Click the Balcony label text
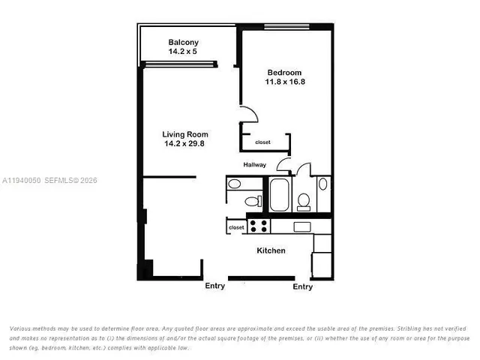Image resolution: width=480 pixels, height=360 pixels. tap(183, 42)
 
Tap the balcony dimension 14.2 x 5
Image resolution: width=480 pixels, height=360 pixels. tap(183, 52)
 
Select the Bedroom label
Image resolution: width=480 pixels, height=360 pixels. tap(283, 73)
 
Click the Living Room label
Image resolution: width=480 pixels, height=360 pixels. tap(185, 135)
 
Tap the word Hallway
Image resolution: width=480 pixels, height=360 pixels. tap(256, 165)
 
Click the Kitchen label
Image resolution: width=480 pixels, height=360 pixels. tap(271, 250)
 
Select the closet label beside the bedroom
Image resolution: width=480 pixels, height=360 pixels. tap(262, 142)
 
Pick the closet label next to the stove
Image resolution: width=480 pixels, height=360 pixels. tap(236, 226)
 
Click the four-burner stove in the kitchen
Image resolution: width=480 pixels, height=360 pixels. tap(259, 225)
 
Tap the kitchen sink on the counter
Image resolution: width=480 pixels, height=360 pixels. tap(302, 226)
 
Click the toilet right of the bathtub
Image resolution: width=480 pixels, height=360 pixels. tap(304, 200)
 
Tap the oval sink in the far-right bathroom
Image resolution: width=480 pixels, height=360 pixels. tap(322, 184)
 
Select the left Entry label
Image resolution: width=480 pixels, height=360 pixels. tap(214, 286)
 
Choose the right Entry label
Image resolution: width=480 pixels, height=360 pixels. tap(302, 286)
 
